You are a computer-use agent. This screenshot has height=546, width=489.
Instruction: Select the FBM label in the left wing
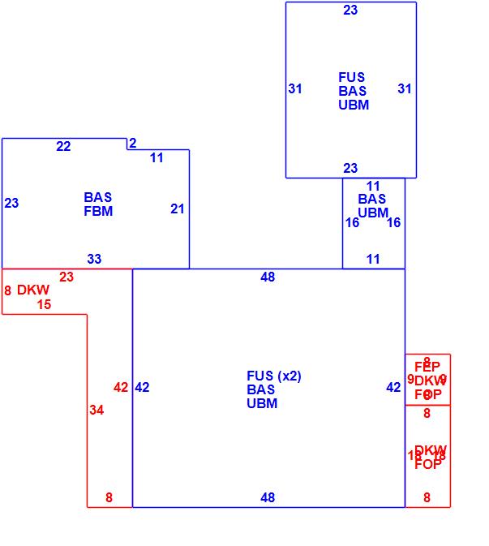click(x=98, y=212)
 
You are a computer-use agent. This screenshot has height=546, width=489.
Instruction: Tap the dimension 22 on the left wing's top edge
click(x=63, y=147)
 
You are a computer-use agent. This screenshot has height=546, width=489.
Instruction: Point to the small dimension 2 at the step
click(x=132, y=144)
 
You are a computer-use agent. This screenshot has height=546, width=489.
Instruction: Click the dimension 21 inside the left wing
click(x=178, y=209)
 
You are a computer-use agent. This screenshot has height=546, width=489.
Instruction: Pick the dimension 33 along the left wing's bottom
click(x=94, y=260)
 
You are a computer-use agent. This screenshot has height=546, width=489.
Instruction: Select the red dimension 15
click(x=44, y=305)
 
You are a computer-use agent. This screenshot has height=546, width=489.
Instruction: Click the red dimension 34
click(x=97, y=411)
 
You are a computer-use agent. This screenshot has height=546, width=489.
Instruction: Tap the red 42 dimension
click(x=121, y=388)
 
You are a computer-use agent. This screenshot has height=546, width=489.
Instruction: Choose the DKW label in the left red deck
click(x=33, y=290)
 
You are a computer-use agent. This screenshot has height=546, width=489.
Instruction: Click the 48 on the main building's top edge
click(x=268, y=277)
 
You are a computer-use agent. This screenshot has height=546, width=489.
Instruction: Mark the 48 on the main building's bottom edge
click(x=268, y=498)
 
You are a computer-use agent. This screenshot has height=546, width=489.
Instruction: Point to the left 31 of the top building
click(x=295, y=89)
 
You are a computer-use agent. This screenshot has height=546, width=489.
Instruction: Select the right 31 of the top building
click(x=405, y=89)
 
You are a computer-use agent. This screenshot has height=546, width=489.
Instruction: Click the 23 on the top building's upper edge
click(x=350, y=11)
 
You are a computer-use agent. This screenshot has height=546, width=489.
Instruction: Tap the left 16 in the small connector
click(x=352, y=223)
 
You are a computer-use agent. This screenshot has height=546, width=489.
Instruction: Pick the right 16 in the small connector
click(x=393, y=223)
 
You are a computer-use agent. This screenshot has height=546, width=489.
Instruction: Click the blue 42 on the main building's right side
click(x=393, y=388)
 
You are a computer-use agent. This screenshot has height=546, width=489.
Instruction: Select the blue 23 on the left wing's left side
click(x=11, y=204)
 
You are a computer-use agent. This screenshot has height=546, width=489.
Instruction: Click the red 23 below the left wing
click(x=66, y=277)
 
